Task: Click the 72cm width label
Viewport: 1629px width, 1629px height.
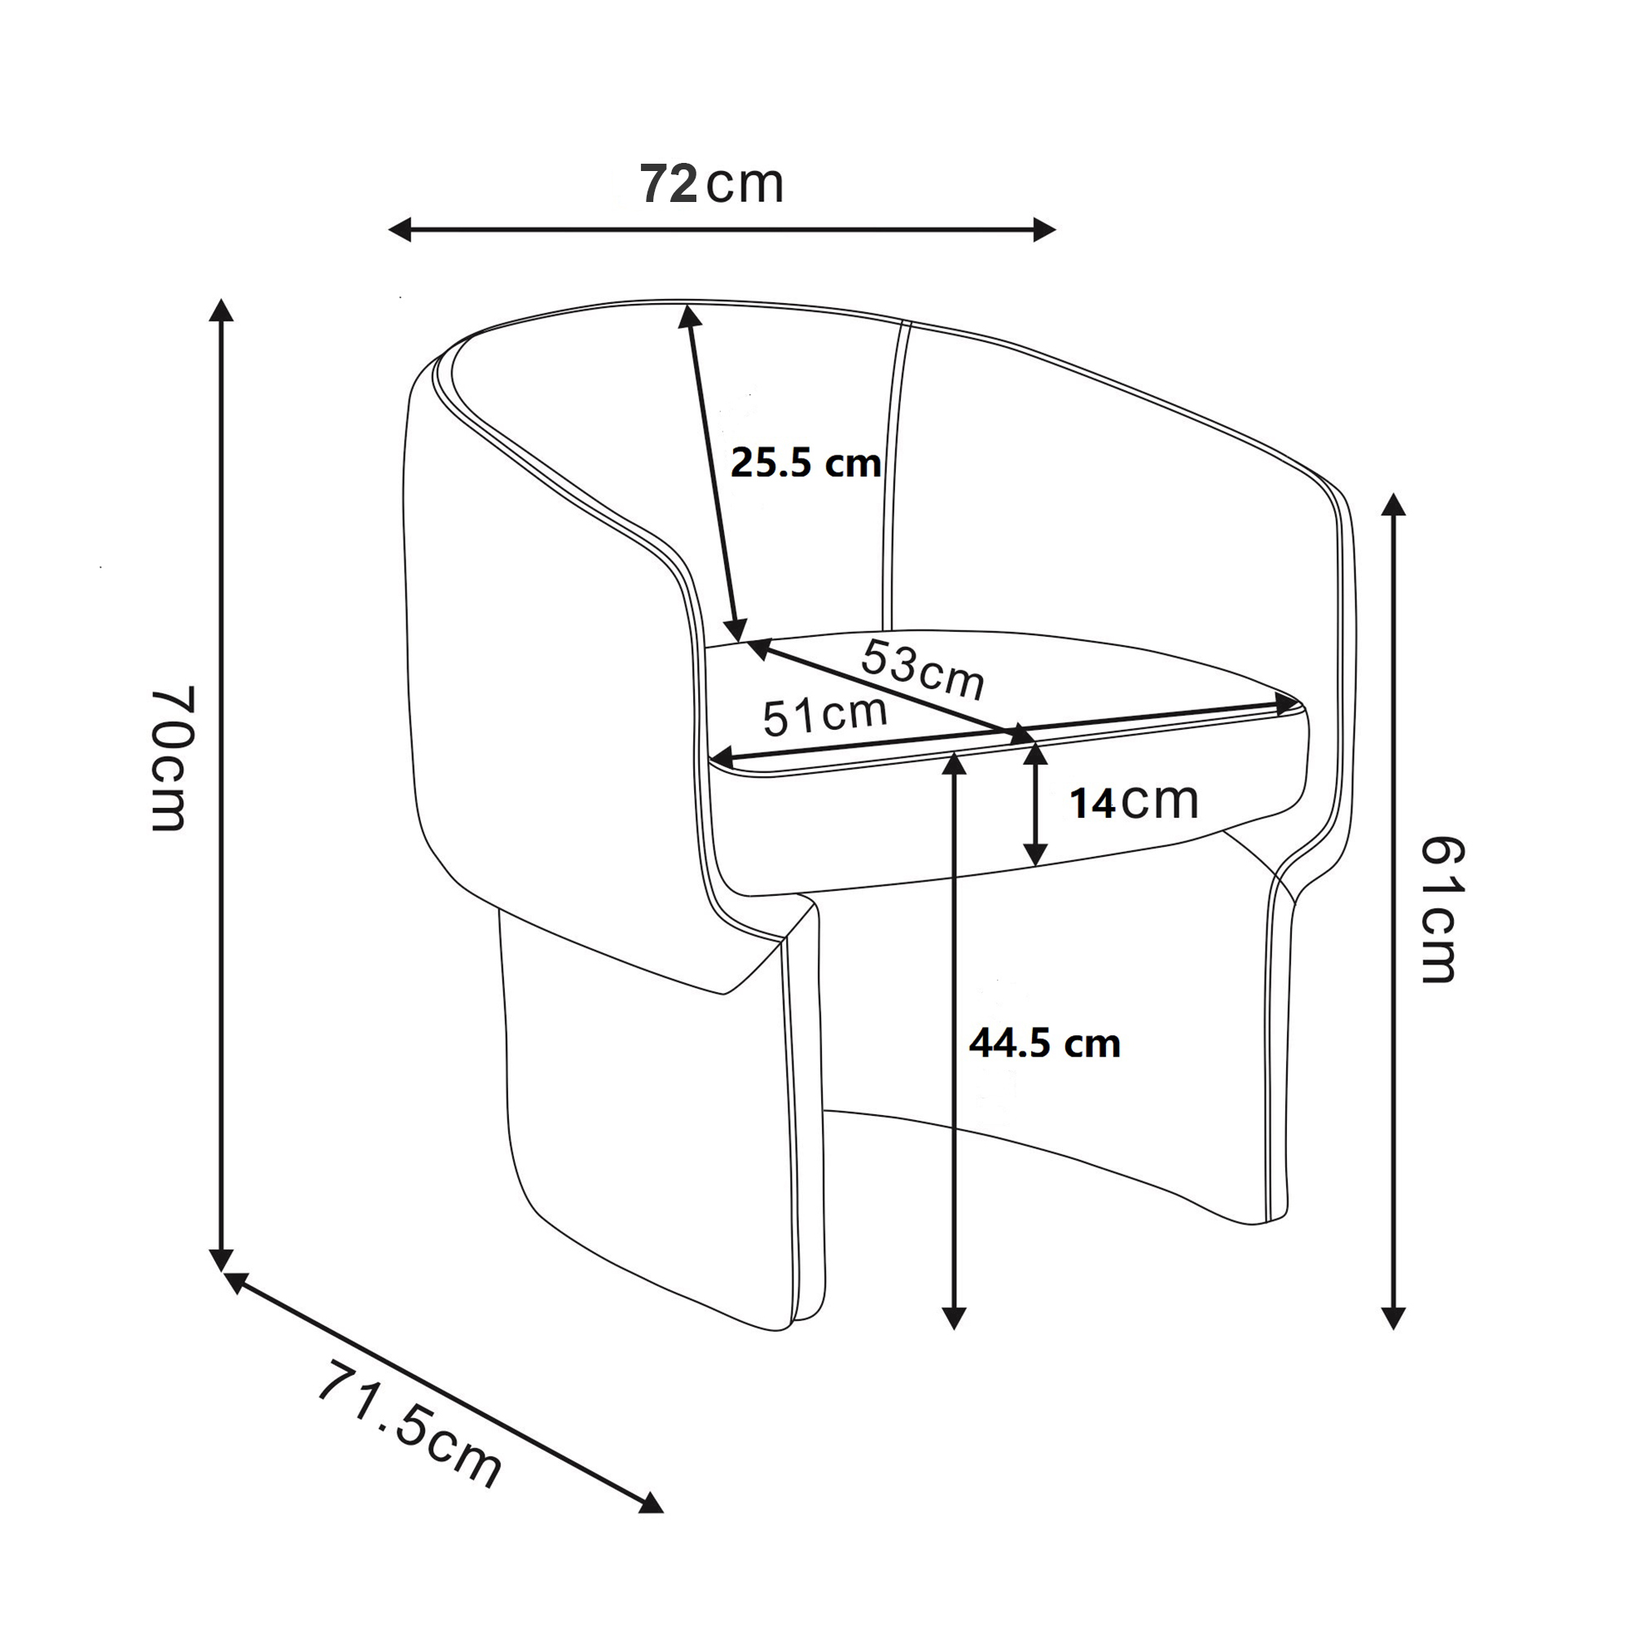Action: coord(713,184)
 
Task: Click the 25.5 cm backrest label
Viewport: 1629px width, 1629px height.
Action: coord(806,463)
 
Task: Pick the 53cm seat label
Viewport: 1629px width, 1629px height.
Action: coord(923,670)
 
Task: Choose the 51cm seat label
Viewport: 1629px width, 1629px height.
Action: coord(825,716)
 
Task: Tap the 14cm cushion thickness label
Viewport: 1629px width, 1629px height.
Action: coord(1134,801)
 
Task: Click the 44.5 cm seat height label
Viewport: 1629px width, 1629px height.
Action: coord(1045,1044)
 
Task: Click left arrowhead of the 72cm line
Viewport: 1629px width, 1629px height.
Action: coord(399,230)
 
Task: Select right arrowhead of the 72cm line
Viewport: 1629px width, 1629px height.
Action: coord(1045,230)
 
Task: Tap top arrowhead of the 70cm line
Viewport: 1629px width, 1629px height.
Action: coord(221,310)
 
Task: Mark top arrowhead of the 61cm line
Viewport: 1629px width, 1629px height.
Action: coord(1394,504)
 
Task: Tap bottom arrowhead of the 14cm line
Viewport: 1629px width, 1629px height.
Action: coord(1036,855)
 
